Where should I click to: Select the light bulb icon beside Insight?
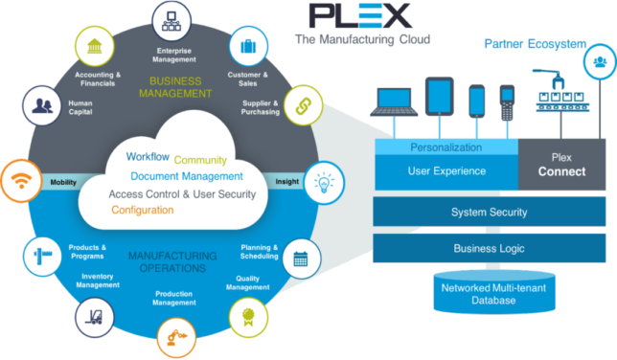pyautogui.click(x=323, y=180)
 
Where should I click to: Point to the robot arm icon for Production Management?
pyautogui.click(x=175, y=337)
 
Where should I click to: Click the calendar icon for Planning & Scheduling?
pyautogui.click(x=299, y=258)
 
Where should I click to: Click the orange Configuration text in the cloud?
pyautogui.click(x=143, y=210)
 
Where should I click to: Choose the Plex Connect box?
pyautogui.click(x=561, y=164)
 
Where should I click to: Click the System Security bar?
pyautogui.click(x=489, y=212)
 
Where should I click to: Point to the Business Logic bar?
pyautogui.click(x=489, y=248)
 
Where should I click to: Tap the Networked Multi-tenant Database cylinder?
pyautogui.click(x=478, y=292)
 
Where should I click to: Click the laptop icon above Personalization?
pyautogui.click(x=394, y=101)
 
